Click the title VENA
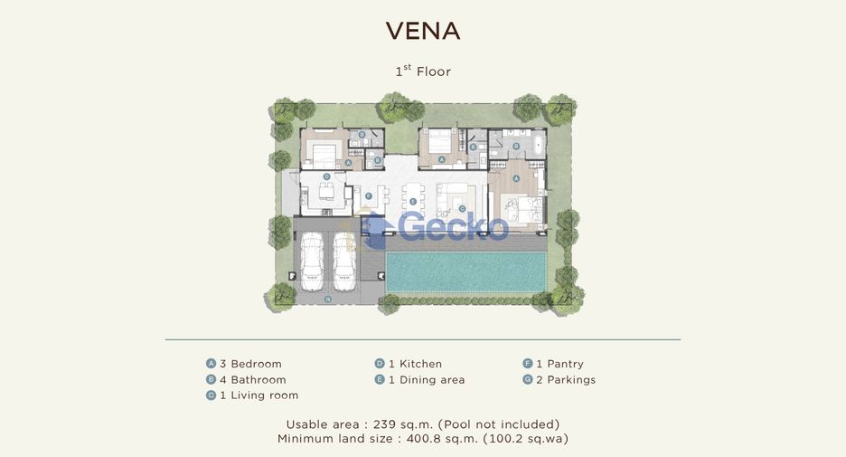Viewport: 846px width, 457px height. [423, 31]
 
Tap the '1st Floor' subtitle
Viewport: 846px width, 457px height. [423, 71]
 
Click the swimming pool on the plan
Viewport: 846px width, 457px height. [465, 272]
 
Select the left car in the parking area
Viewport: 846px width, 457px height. [313, 261]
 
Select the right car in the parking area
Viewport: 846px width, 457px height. [343, 261]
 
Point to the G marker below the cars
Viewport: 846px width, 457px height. [327, 299]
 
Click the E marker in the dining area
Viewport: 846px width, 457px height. [413, 202]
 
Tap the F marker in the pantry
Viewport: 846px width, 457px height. [369, 195]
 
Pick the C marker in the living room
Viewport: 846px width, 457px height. [462, 208]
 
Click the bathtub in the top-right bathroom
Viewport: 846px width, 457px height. [538, 146]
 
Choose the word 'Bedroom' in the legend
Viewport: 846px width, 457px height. [257, 364]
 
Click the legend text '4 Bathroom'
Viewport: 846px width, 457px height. [252, 380]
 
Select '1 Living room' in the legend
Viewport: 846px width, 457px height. [259, 395]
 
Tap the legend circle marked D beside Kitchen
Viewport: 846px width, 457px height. [380, 364]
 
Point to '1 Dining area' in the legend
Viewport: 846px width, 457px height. [427, 380]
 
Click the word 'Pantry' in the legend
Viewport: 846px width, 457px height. [566, 364]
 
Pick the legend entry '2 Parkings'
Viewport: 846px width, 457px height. [566, 380]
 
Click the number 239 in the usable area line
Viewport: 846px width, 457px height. [384, 424]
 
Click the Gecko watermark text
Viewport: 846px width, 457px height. [453, 227]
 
